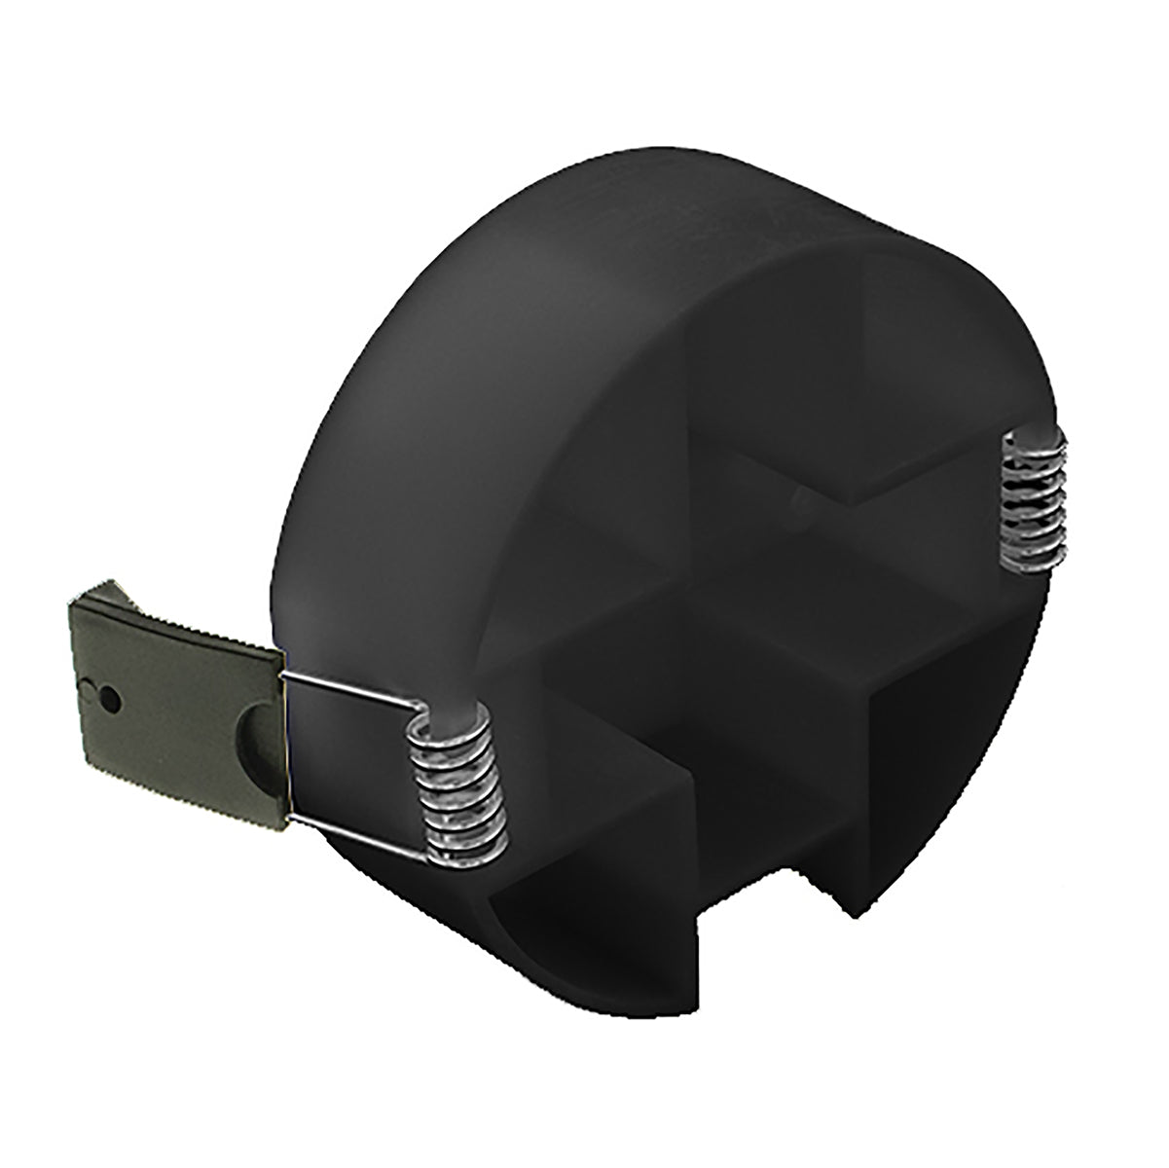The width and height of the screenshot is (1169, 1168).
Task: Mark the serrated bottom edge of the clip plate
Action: (x=185, y=798)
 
